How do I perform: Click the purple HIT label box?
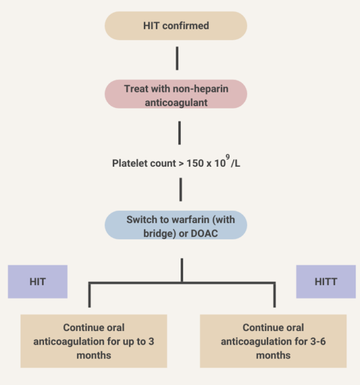37,281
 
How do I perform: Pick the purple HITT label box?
325,281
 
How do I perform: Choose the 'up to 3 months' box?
94,341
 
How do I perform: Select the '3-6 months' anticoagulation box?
273,341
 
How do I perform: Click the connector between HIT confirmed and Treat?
178,58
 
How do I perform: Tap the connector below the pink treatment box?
179,133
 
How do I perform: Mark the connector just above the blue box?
180,189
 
